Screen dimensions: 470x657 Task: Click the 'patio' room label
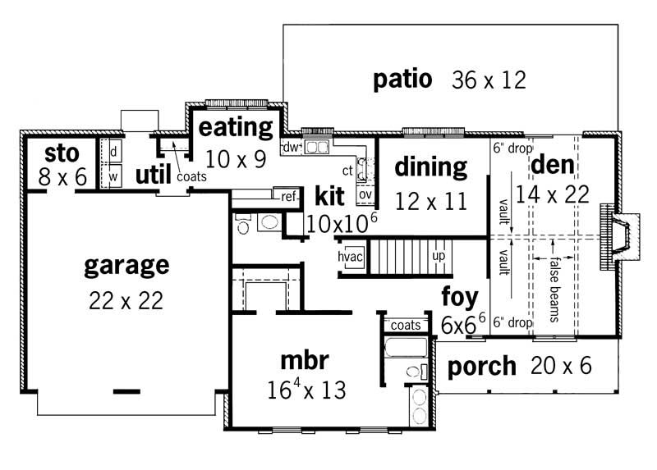pyautogui.click(x=402, y=80)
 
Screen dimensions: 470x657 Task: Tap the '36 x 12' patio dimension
pyautogui.click(x=489, y=80)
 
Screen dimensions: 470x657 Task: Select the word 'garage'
pyautogui.click(x=126, y=265)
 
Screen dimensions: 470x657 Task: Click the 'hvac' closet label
pyautogui.click(x=351, y=256)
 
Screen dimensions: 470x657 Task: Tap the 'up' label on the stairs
pyautogui.click(x=439, y=256)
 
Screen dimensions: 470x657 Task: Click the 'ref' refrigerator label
pyautogui.click(x=288, y=197)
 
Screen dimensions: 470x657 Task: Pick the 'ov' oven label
pyautogui.click(x=365, y=194)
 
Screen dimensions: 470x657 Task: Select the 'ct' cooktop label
pyautogui.click(x=347, y=171)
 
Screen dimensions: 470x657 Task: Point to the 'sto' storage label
pyautogui.click(x=61, y=153)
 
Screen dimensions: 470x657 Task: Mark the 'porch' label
pyautogui.click(x=481, y=366)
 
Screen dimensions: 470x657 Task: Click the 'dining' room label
pyautogui.click(x=430, y=167)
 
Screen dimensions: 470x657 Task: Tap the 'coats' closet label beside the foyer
pyautogui.click(x=406, y=326)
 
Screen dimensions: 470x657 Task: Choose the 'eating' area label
pyautogui.click(x=236, y=127)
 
